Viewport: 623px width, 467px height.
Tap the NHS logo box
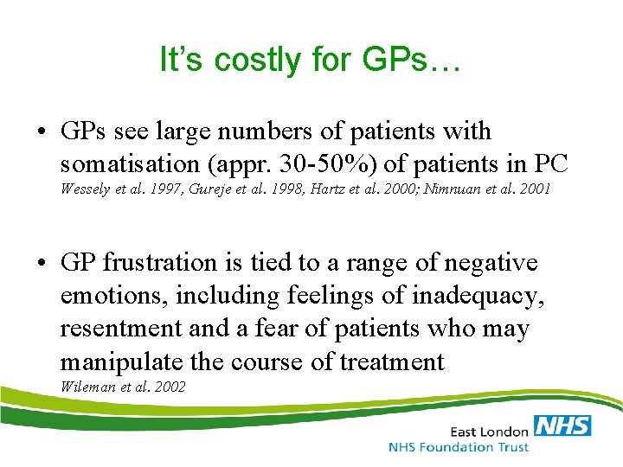[562, 425]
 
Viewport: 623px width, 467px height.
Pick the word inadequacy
[477, 295]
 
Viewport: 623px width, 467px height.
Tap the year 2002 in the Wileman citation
[169, 387]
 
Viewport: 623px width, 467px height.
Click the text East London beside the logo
[488, 430]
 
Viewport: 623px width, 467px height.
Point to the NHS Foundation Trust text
[459, 447]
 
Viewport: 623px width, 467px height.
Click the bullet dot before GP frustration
[42, 263]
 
